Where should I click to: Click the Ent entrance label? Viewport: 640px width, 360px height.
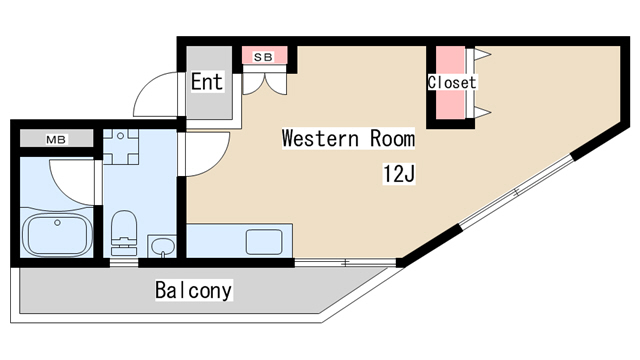[207, 81]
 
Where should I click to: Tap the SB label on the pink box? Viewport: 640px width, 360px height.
[263, 57]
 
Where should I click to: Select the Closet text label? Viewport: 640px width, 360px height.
[452, 82]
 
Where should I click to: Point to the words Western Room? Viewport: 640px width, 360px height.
[348, 138]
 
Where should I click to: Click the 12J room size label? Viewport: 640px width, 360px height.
[399, 174]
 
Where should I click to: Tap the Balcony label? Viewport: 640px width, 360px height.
[193, 290]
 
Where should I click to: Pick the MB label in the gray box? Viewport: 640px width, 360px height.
[56, 140]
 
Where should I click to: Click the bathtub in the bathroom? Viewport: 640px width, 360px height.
[57, 236]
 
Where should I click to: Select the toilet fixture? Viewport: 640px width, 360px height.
[124, 232]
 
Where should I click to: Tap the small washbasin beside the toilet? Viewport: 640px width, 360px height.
[162, 246]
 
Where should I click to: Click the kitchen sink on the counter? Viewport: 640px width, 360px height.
[264, 242]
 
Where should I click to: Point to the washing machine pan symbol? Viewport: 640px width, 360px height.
[120, 147]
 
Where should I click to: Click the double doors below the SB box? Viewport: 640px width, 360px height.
[264, 84]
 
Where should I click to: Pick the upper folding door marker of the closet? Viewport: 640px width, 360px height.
[482, 54]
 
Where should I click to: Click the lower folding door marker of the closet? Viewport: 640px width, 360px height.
[482, 112]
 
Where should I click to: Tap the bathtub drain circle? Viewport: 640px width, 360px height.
[58, 223]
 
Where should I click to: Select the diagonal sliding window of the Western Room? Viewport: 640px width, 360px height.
[516, 191]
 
